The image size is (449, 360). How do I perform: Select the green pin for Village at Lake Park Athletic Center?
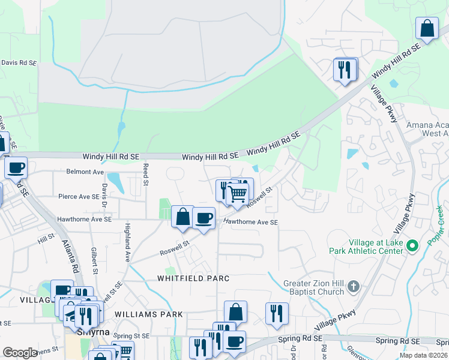click(412, 246)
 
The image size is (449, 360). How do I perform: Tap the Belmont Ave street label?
click(85, 172)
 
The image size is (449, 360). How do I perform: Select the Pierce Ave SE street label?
click(79, 196)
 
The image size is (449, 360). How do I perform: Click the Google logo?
click(20, 353)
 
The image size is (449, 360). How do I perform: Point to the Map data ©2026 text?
click(423, 355)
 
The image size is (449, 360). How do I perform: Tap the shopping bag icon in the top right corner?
click(427, 28)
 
